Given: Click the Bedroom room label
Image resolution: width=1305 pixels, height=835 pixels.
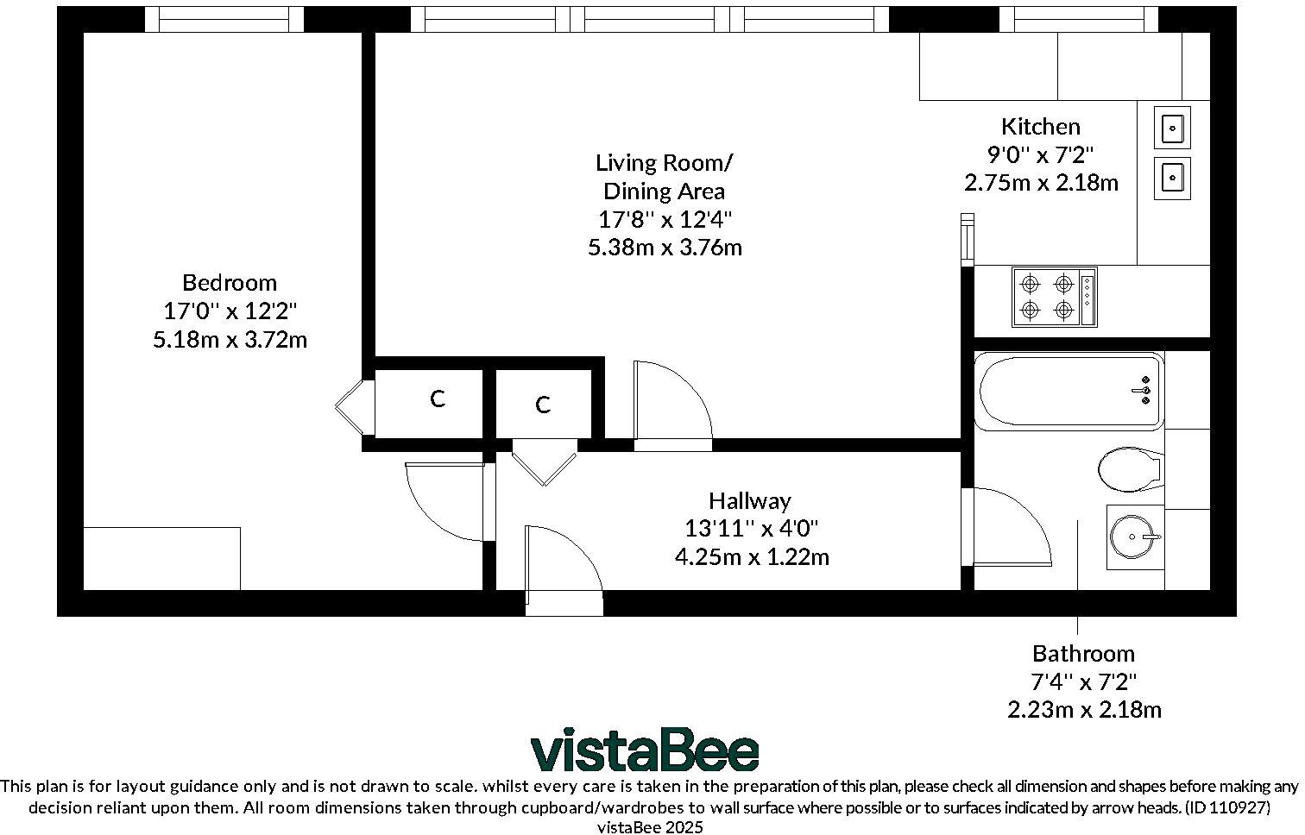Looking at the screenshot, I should [230, 282].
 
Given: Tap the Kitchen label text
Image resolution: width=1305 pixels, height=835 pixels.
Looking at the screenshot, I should [1040, 127].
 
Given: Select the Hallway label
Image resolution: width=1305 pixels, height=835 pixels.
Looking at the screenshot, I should [749, 500].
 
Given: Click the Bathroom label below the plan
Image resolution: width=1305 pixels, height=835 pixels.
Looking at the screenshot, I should [1083, 653].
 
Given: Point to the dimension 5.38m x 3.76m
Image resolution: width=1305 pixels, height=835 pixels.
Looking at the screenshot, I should [665, 248].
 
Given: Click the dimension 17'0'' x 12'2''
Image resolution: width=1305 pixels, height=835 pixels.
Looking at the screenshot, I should [230, 311].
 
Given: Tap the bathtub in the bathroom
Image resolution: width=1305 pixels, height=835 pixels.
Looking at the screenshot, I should [1069, 392].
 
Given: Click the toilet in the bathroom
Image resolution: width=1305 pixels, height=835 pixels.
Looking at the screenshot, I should [1129, 469].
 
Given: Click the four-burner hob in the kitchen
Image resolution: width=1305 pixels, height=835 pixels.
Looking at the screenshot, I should [1054, 297].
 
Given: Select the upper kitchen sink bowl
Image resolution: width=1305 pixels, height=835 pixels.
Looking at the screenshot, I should [1172, 129].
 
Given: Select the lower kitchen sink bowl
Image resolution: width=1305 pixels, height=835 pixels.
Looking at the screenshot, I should [1172, 178].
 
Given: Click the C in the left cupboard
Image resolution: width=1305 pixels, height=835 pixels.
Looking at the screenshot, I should [438, 399].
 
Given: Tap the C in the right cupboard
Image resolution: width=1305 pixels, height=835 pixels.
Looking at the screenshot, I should [543, 405].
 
